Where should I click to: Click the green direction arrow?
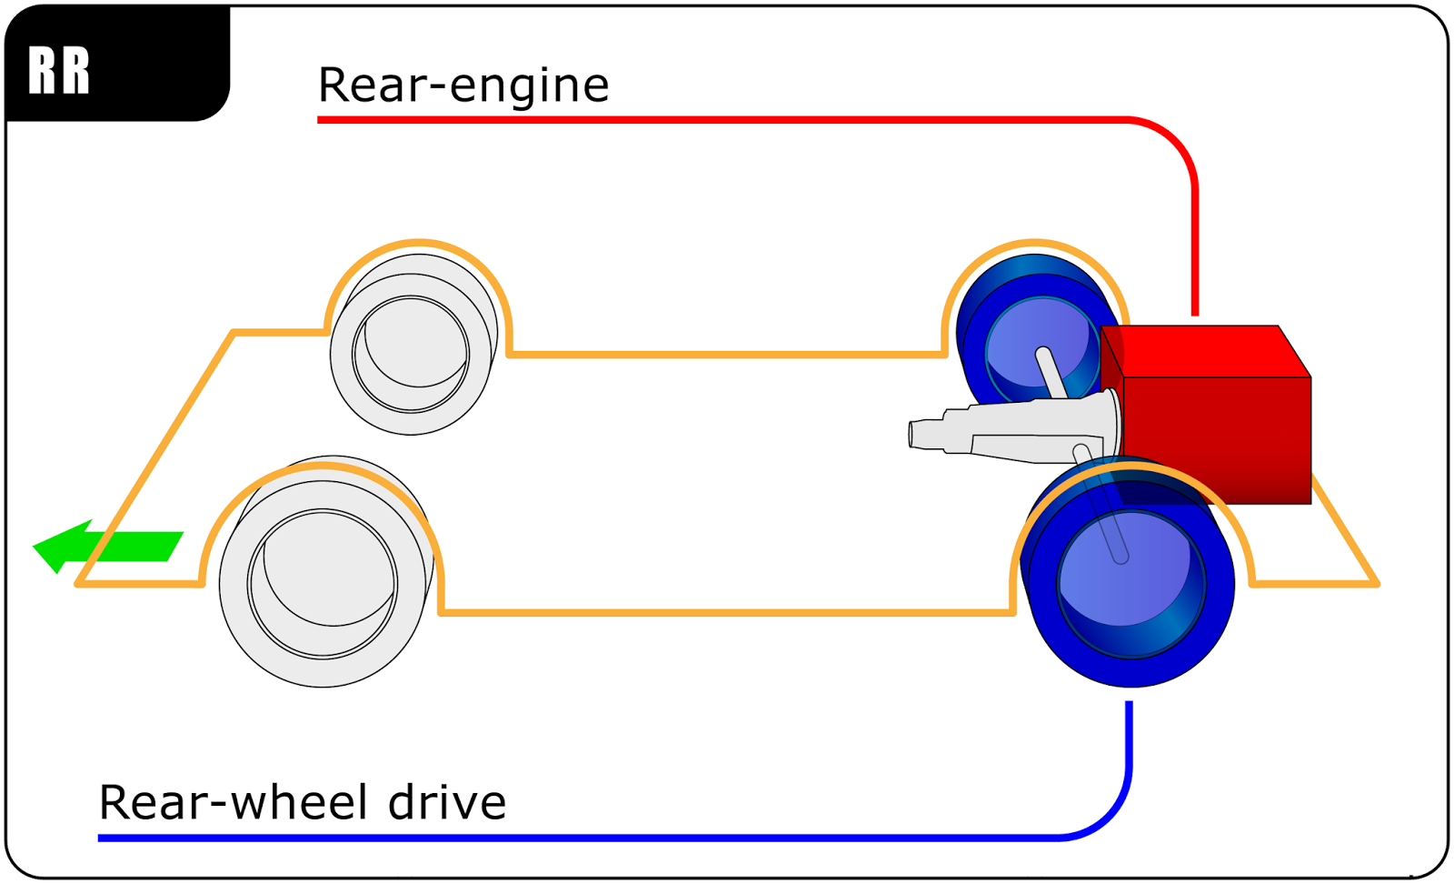pos(109,546)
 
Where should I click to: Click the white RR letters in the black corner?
pos(59,70)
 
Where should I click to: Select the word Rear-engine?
pos(463,85)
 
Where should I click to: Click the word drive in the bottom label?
pos(446,802)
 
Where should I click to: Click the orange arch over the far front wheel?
pos(419,243)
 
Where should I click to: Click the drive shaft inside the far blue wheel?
pos(1051,368)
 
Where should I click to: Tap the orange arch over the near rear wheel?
pos(1131,465)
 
